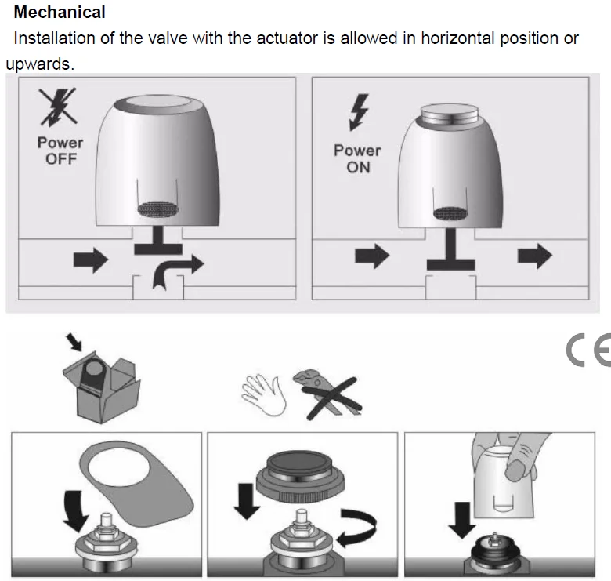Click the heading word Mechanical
pos(60,12)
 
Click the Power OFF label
pos(60,151)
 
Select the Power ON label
pos(357,158)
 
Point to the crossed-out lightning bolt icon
pos(58,107)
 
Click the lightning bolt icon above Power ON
pos(359,112)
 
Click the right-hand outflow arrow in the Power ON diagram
pos(534,256)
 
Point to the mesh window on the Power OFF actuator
pos(157,209)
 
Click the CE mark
pos(588,350)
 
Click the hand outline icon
pos(264,394)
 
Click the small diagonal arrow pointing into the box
pos(74,342)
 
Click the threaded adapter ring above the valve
pos(300,478)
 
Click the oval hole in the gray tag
pos(118,467)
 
